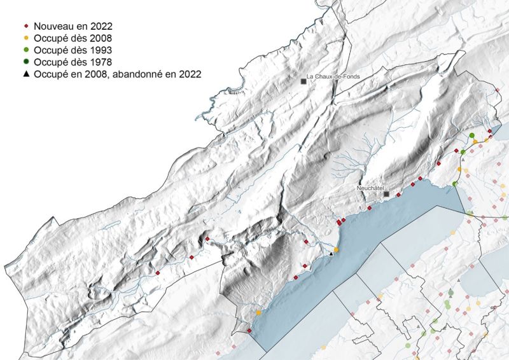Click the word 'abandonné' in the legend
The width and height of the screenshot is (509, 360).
pos(141,74)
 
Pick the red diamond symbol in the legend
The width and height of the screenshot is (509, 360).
pos(26,26)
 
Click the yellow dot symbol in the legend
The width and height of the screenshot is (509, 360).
pos(26,38)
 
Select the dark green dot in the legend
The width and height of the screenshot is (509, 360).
pos(26,62)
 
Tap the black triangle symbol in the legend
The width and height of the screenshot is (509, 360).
pos(26,74)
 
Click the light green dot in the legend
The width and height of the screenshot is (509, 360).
pos(26,50)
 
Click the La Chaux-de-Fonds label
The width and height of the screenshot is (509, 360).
pos(333,77)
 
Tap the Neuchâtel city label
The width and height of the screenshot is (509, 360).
pos(370,189)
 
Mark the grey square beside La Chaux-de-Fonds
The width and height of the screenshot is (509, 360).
pos(303,81)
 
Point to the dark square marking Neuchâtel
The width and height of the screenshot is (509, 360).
pos(386,195)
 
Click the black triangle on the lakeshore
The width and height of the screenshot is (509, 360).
pos(331,254)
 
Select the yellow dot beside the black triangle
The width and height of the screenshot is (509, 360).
pos(337,250)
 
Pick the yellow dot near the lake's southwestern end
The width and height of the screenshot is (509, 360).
pos(258,313)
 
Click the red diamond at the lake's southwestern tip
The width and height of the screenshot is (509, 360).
pos(249,330)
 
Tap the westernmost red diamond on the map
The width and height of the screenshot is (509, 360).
pos(158,273)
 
